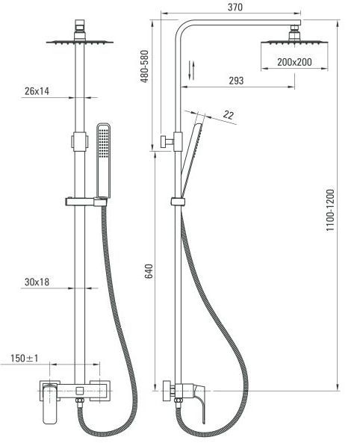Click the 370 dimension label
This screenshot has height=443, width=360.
[x=235, y=7]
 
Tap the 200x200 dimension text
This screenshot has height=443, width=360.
[x=294, y=62]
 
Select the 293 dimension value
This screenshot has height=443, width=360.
[x=236, y=81]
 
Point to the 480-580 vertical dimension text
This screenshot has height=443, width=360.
[x=144, y=66]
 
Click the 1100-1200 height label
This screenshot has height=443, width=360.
[x=330, y=211]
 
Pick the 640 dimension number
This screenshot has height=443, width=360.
[x=149, y=271]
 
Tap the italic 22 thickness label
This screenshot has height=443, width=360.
[x=229, y=115]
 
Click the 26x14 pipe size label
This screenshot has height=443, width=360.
[x=37, y=91]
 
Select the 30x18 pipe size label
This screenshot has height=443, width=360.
[x=37, y=282]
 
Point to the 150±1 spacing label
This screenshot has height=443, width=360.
[x=25, y=359]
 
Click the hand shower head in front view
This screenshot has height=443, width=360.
[x=103, y=160]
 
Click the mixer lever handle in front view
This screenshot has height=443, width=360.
[x=50, y=404]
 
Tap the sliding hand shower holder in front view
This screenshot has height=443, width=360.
[x=87, y=202]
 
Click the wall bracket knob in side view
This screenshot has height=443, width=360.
[x=167, y=141]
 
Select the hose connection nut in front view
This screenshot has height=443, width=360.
[x=79, y=401]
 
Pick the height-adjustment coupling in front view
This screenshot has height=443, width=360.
[x=79, y=141]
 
